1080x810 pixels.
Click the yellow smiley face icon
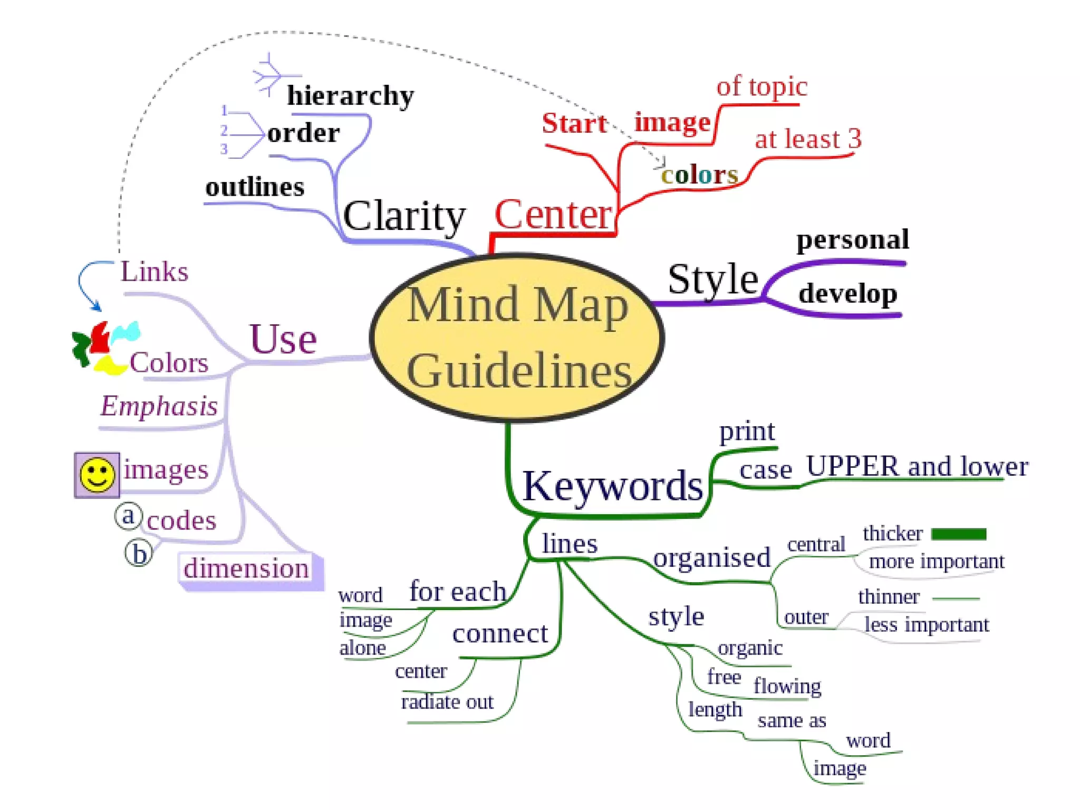coord(97,475)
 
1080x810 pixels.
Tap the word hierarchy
coord(350,96)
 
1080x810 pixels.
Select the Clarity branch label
coord(404,216)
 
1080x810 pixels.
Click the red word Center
coord(553,215)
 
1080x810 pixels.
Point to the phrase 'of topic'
coord(761,86)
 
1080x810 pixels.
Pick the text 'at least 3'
coord(808,139)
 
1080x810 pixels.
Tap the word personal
coord(852,240)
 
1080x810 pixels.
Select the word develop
coord(847,294)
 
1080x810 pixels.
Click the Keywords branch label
coord(612,486)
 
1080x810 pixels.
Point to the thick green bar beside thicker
coord(959,534)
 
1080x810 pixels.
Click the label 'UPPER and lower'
coord(917,467)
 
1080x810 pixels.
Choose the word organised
coord(711,558)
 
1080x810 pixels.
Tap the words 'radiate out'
coord(447,702)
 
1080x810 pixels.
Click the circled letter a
coord(128,516)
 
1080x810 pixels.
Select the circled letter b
coord(139,554)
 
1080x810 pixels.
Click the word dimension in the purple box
coord(246,568)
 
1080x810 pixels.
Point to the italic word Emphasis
coord(159,407)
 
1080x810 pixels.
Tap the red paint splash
coord(100,337)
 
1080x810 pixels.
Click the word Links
coord(154,272)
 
